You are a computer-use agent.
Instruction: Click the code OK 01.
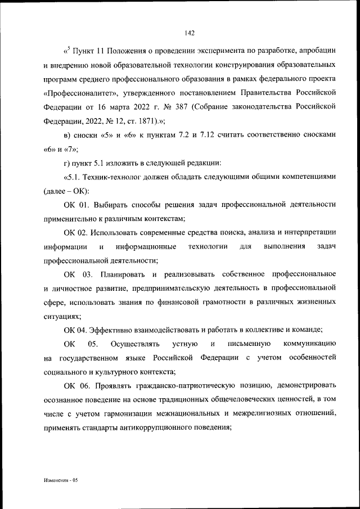point(76,205)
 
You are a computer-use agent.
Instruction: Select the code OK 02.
point(76,232)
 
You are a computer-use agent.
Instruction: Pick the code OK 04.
point(76,330)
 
